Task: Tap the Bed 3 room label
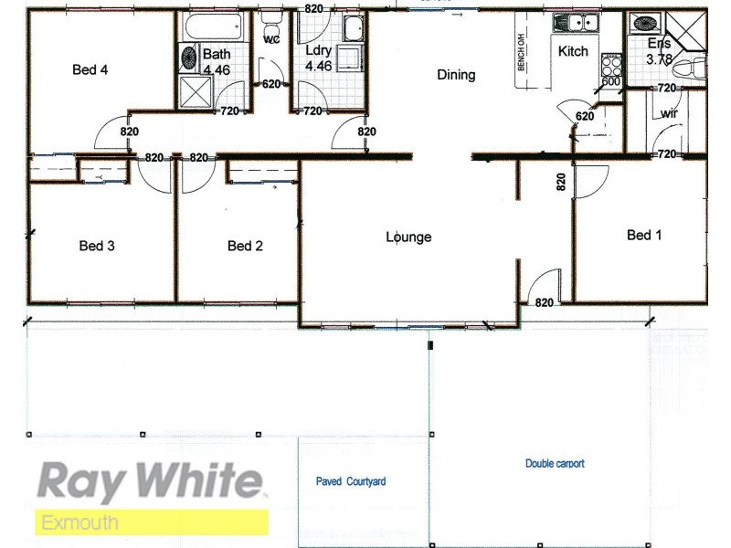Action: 96,245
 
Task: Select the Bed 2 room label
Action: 245,245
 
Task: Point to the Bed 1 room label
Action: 644,236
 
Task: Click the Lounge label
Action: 408,237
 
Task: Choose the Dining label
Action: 456,76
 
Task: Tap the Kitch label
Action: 573,52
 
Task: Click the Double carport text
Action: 555,464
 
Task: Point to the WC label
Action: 270,41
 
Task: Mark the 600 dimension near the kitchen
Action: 611,82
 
